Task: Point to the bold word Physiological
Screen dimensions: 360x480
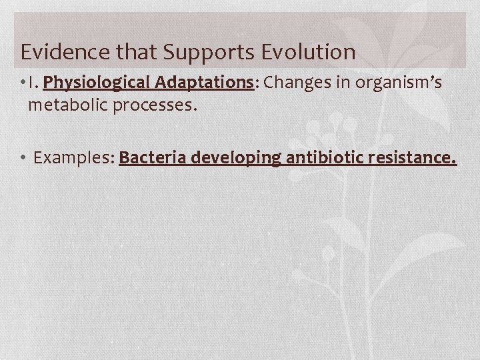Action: click(x=97, y=83)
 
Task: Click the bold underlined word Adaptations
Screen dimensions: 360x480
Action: click(x=205, y=83)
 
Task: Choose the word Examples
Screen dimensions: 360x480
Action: click(x=72, y=159)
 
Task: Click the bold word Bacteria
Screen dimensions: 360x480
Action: click(x=153, y=159)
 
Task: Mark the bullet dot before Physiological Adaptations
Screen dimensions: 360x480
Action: click(x=23, y=83)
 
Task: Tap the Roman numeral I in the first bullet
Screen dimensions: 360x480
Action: click(x=31, y=83)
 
